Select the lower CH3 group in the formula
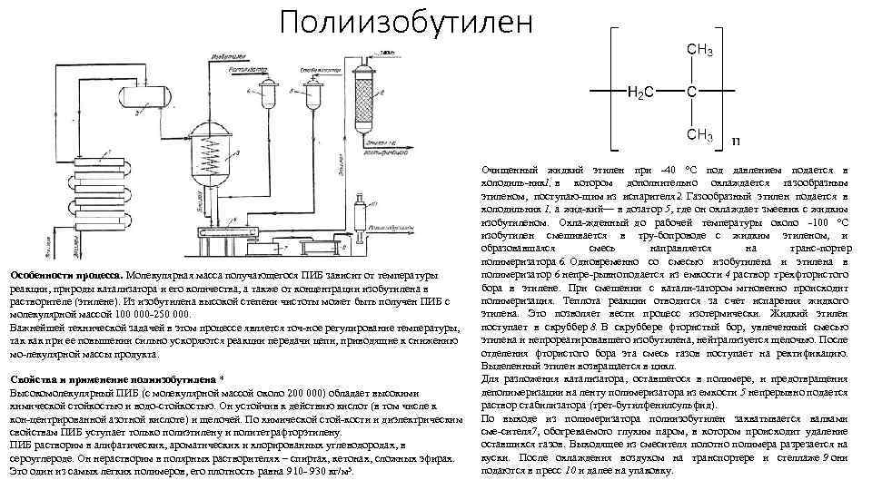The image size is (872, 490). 698,135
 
